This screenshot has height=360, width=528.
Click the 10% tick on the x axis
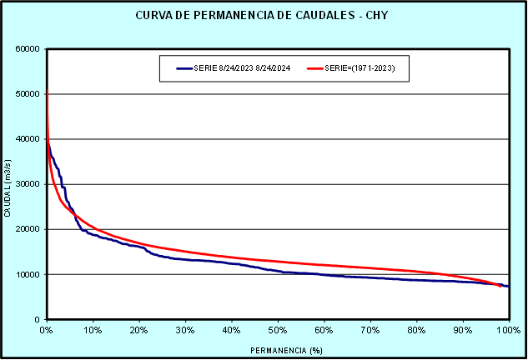click(93, 331)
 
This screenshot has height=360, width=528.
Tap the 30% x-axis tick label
click(185, 331)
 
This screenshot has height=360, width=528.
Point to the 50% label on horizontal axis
click(278, 331)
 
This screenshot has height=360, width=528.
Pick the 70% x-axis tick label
click(370, 331)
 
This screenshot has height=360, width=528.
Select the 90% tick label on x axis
click(463, 331)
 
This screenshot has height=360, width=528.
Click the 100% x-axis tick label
click(508, 331)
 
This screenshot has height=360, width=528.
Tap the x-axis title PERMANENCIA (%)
click(277, 350)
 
